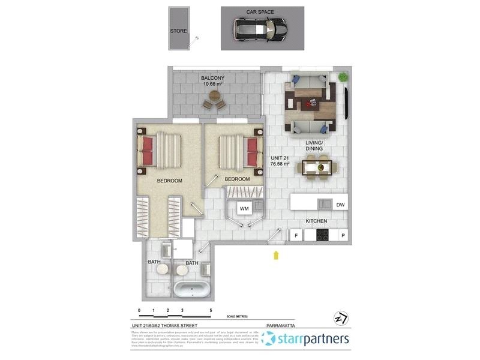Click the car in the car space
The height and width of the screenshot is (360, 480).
(x=259, y=29)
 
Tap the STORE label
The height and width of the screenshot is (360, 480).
(x=178, y=31)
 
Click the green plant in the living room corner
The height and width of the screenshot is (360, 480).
(x=343, y=77)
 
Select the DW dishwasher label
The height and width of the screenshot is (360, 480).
(x=340, y=205)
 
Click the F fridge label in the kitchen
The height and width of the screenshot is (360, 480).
(x=296, y=236)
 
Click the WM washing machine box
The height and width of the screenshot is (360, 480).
(x=244, y=208)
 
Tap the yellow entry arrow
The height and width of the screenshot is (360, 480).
(x=276, y=256)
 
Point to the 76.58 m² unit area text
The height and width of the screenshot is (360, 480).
(x=280, y=163)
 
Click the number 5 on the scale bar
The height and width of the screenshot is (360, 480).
(x=211, y=311)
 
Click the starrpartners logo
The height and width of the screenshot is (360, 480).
(x=306, y=339)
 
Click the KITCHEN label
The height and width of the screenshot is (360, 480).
(x=316, y=221)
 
